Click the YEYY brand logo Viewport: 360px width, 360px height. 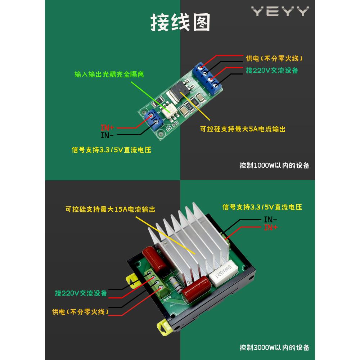pos(280,12)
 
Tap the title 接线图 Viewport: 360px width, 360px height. pos(180,22)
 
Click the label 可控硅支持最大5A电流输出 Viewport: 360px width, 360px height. pos(243,129)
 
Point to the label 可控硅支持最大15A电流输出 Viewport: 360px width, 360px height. pos(113,209)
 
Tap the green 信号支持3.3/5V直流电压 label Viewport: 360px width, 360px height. pos(262,207)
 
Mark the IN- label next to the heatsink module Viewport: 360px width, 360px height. pos(270,219)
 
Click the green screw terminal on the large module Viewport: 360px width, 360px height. pos(157,283)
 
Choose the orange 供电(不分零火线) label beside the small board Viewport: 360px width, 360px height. pos(274,58)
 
